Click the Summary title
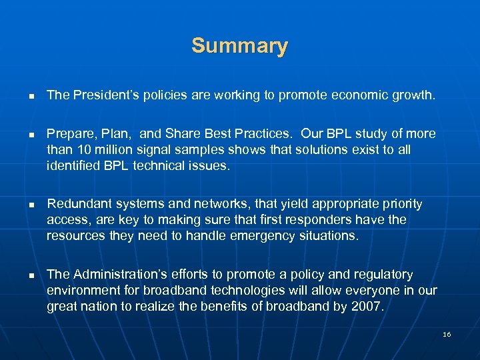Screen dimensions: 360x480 click(x=239, y=46)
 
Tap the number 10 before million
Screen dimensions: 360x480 click(x=82, y=150)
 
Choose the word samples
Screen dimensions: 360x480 click(x=204, y=150)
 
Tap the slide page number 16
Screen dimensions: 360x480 click(x=447, y=334)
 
